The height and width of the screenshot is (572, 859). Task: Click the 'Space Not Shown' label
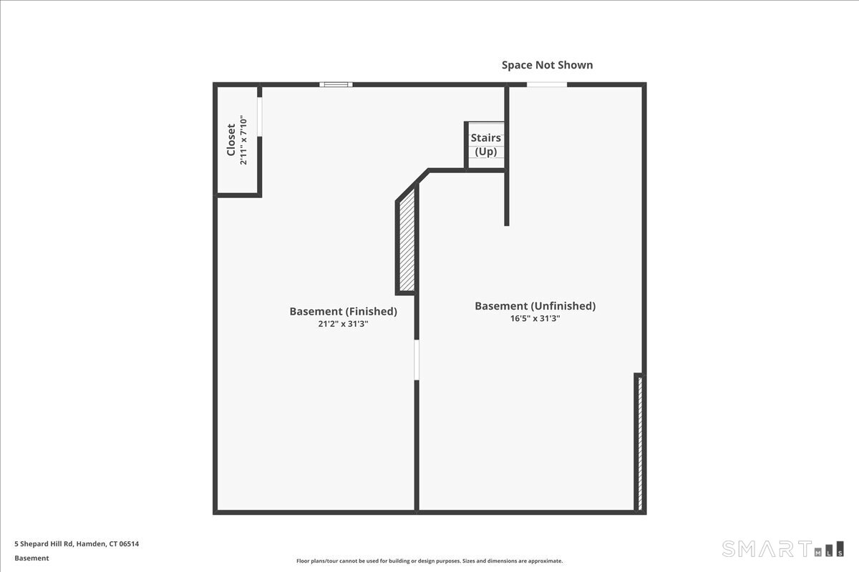click(x=547, y=65)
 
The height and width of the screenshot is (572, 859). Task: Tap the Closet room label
click(x=231, y=140)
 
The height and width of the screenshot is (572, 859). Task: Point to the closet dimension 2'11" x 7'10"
click(x=244, y=140)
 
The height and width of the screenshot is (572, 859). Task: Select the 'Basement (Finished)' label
click(x=343, y=312)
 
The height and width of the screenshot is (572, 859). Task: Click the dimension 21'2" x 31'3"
click(x=343, y=324)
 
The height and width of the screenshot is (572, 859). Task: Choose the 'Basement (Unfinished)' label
click(x=535, y=306)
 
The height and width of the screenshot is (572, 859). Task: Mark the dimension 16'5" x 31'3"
click(x=535, y=319)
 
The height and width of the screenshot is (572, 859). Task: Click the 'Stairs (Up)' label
click(x=485, y=144)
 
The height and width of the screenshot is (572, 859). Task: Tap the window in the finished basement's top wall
click(x=336, y=84)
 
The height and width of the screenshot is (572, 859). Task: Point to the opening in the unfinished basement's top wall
click(x=547, y=84)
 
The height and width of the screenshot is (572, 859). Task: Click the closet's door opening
click(x=259, y=116)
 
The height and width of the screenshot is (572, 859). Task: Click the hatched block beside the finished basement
click(x=407, y=246)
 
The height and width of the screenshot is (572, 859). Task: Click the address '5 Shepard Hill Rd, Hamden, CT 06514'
click(x=77, y=544)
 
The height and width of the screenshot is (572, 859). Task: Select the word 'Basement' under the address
click(x=31, y=558)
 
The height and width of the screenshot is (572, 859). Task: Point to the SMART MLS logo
click(x=782, y=549)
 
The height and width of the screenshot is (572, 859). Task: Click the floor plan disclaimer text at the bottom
click(x=429, y=561)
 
